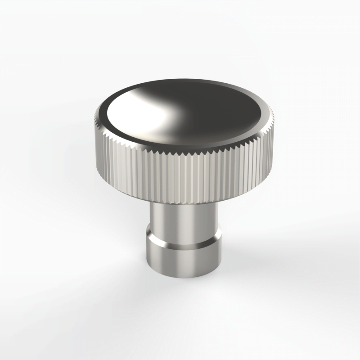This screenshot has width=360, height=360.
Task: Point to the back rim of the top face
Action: click(x=189, y=81)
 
